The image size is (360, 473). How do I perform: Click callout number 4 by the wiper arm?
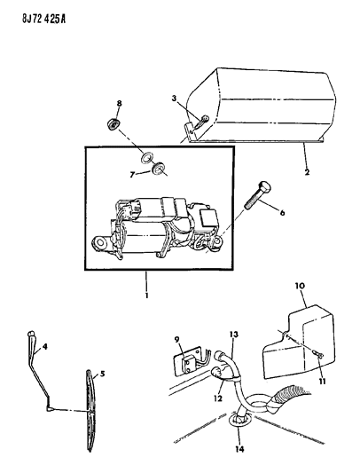(101, 374)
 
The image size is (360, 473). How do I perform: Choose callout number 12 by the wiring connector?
(234, 333)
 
